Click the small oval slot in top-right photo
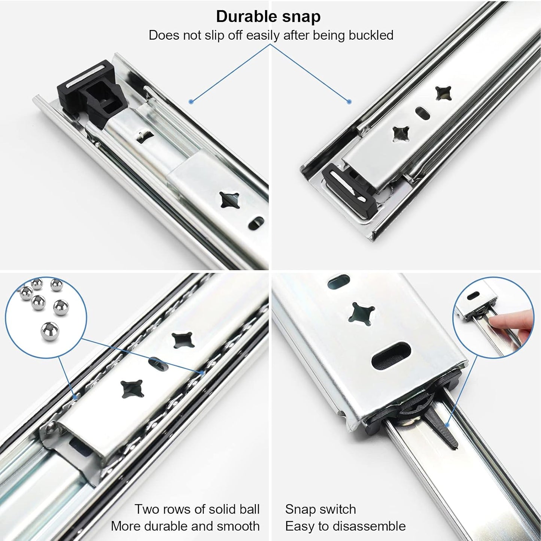pyautogui.click(x=421, y=112)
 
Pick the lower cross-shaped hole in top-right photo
pyautogui.click(x=399, y=133)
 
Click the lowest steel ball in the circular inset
pyautogui.click(x=49, y=331)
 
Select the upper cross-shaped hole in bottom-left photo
pyautogui.click(x=179, y=340)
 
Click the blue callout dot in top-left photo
pyautogui.click(x=191, y=101)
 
